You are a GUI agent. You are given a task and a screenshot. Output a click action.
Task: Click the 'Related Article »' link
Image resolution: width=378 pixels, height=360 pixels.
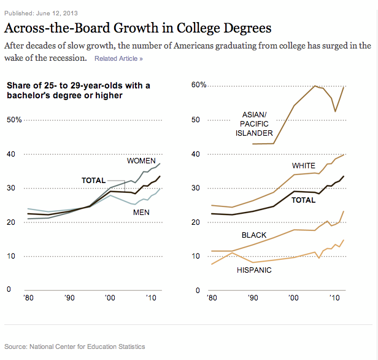[118, 58]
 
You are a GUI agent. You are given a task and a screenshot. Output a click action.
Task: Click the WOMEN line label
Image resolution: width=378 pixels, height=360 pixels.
[141, 161]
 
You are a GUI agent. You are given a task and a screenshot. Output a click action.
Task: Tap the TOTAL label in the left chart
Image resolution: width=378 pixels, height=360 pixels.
[94, 180]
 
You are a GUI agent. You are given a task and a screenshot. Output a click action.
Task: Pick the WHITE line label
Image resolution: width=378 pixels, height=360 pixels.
[304, 166]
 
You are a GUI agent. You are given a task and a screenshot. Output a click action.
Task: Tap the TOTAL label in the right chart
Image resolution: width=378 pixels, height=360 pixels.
[303, 200]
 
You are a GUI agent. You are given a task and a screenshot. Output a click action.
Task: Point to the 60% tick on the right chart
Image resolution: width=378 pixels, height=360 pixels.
[199, 85]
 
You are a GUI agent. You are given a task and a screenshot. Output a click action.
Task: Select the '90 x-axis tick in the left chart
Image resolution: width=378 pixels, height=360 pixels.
[71, 298]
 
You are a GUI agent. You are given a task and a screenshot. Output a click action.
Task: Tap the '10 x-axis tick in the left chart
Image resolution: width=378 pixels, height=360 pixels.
[150, 298]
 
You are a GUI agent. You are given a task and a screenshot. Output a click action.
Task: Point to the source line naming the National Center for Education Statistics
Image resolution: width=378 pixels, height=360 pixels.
[75, 346]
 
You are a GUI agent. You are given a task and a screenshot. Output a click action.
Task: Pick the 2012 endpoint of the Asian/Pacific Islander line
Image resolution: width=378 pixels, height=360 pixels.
[342, 87]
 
